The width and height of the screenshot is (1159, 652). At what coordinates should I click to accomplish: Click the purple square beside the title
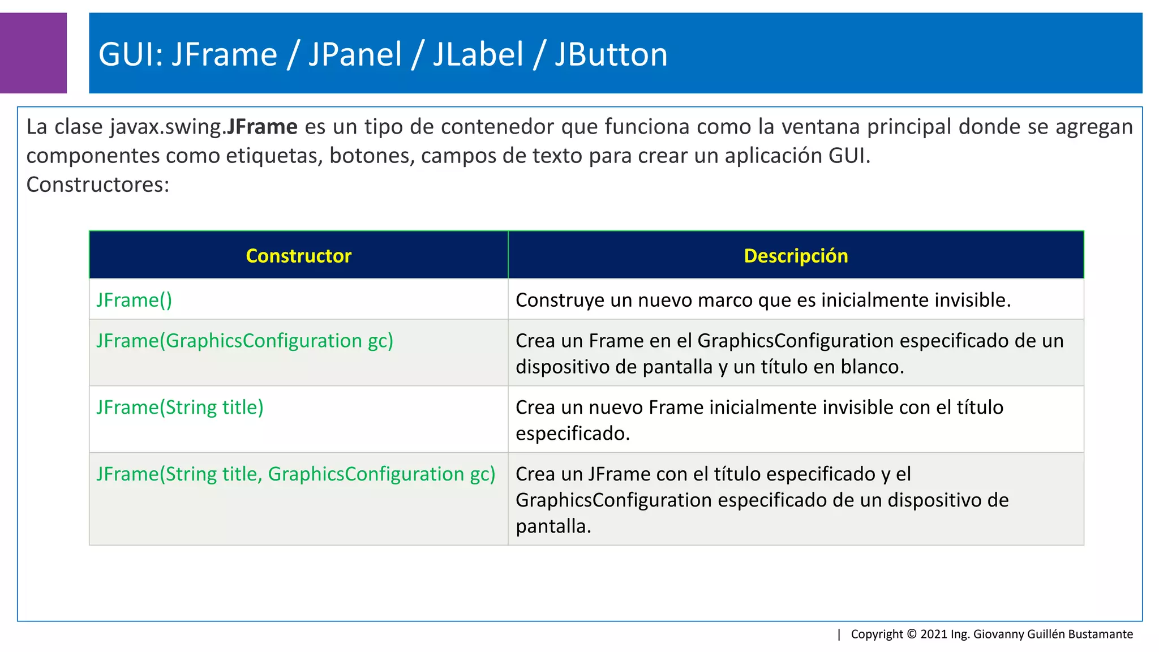tap(33, 53)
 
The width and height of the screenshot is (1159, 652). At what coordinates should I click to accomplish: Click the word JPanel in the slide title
tap(355, 55)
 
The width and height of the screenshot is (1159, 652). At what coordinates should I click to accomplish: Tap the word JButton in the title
tap(611, 55)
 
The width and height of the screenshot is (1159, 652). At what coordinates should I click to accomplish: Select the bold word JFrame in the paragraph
tap(261, 127)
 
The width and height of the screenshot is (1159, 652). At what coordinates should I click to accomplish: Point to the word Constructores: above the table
tap(98, 185)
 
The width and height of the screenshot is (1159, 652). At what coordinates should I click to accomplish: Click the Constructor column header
tap(298, 256)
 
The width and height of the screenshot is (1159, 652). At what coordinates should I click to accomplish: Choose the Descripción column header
tap(796, 256)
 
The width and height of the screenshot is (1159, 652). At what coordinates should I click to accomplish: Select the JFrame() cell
tap(134, 300)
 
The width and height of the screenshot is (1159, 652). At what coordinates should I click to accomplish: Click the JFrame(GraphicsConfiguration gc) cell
tap(244, 341)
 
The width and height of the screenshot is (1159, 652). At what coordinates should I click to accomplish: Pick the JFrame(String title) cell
tap(180, 407)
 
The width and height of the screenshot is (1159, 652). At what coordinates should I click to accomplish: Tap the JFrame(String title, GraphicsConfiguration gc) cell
tap(295, 474)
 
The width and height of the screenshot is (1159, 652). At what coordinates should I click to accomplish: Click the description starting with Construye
tap(763, 300)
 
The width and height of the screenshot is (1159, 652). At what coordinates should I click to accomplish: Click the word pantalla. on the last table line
tap(553, 526)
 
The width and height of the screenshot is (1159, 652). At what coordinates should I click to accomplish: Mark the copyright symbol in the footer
tap(912, 634)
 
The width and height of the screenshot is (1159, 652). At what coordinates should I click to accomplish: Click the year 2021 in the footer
tap(934, 634)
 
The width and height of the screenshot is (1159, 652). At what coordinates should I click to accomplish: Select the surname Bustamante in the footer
tap(1100, 634)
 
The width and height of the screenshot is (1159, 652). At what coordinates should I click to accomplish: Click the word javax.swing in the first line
tap(166, 127)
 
